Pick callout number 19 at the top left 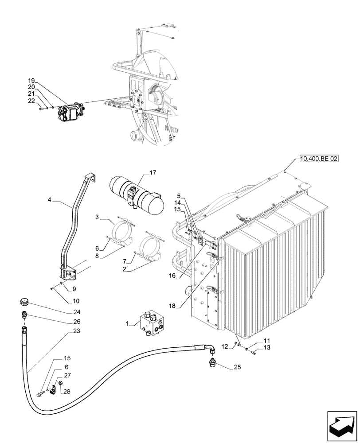pyautogui.click(x=31, y=80)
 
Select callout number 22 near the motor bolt pyautogui.click(x=31, y=101)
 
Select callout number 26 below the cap pyautogui.click(x=77, y=322)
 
